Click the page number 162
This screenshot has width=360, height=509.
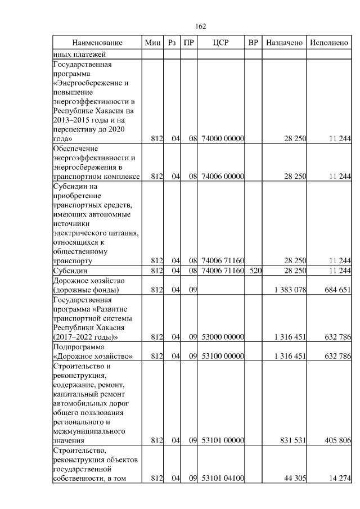click(x=201, y=26)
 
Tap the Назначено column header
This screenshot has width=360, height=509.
click(x=285, y=43)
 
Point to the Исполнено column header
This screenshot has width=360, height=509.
click(x=329, y=43)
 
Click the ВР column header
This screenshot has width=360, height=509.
click(x=253, y=43)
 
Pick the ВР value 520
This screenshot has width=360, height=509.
click(x=256, y=271)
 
